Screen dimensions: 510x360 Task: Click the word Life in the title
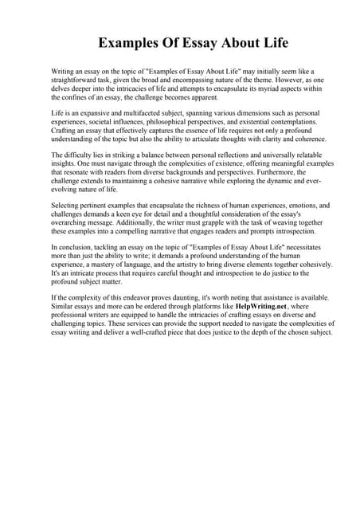coord(268,41)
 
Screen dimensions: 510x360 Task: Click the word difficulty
coord(79,155)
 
